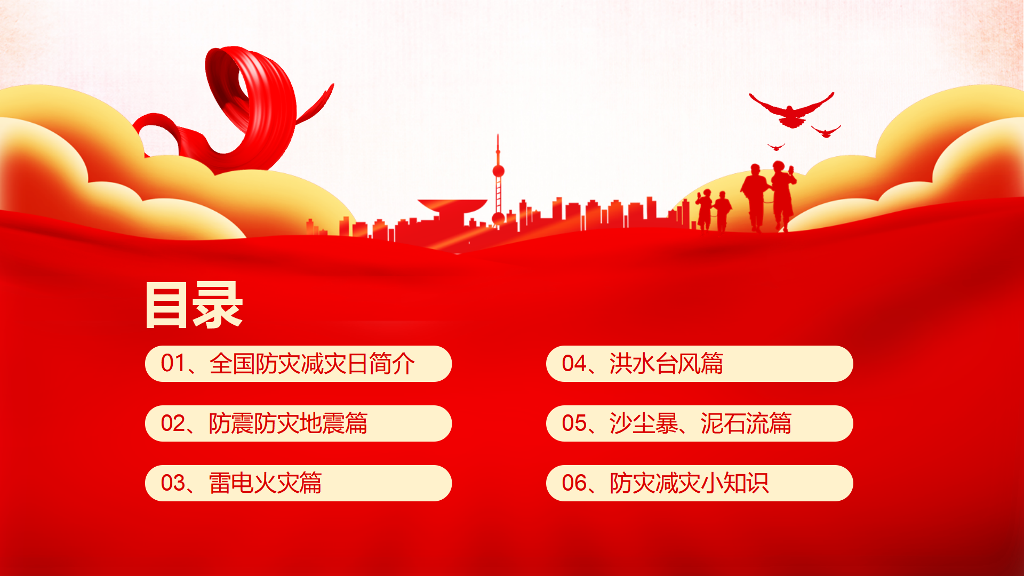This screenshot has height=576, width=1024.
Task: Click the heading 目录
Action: (194, 305)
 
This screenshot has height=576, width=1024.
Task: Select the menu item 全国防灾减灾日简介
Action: (312, 364)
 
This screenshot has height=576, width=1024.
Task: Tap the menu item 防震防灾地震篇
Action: (288, 423)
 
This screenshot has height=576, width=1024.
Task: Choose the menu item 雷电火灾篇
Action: (265, 483)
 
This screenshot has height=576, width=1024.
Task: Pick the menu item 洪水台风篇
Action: (666, 364)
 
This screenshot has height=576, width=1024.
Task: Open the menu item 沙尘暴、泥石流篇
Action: (700, 423)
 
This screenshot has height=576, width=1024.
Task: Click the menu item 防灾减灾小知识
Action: (689, 483)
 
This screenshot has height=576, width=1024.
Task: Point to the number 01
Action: (173, 364)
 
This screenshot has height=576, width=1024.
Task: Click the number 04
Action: (574, 364)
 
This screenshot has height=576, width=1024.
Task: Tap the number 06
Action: (574, 483)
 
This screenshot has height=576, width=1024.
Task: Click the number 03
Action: (173, 483)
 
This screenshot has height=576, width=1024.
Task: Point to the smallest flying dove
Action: (776, 147)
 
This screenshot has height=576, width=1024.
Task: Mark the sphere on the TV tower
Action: (498, 171)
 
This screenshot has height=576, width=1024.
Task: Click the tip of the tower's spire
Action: (498, 134)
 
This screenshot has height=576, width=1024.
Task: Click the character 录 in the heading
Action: (218, 305)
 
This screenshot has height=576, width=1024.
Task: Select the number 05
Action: (574, 423)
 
